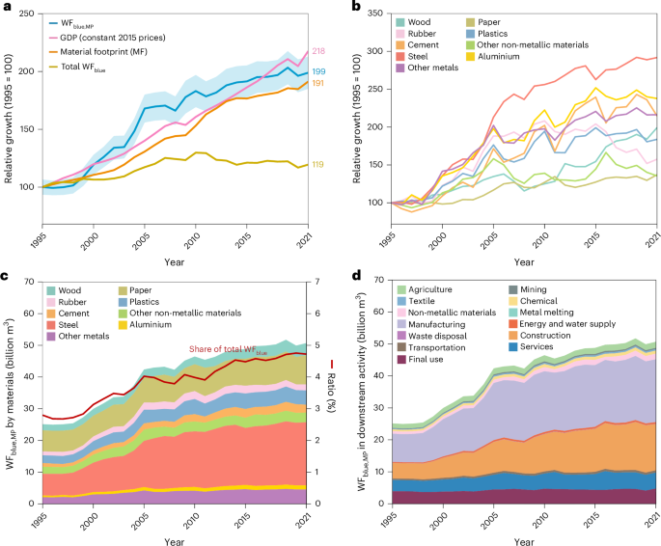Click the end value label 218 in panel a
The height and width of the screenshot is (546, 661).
(x=317, y=51)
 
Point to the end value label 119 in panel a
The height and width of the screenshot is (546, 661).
(x=317, y=165)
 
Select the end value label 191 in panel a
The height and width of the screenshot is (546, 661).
(x=317, y=84)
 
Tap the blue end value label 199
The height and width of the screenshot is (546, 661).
(x=317, y=73)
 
